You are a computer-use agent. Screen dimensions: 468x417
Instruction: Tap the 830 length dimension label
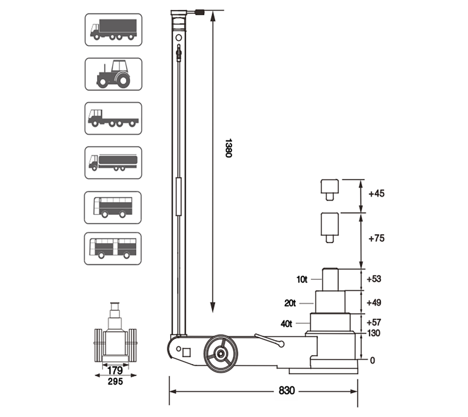coord(286,391)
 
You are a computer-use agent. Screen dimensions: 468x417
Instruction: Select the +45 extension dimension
coord(376,193)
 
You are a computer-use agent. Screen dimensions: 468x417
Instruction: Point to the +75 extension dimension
coord(376,238)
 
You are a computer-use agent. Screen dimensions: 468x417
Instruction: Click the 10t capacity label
coord(302,280)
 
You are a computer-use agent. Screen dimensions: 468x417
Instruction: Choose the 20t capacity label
coord(290,303)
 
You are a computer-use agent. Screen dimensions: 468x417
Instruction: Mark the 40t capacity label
coord(286,324)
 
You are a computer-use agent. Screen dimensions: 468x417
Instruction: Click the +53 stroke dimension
coord(374,279)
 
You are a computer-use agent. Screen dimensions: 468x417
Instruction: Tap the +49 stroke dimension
coord(374,303)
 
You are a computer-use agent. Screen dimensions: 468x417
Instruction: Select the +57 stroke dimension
coord(374,322)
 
